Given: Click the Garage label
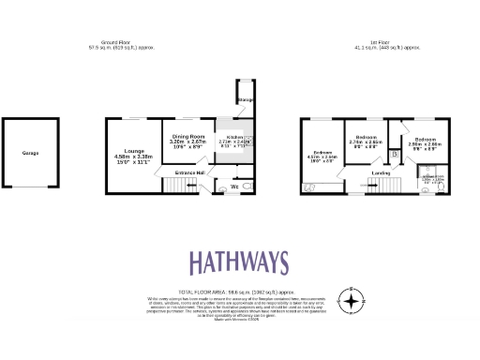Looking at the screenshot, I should (x=31, y=152).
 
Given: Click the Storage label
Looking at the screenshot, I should (x=245, y=99).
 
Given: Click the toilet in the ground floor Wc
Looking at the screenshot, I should (x=246, y=187).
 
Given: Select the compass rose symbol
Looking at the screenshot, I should (x=351, y=300).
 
